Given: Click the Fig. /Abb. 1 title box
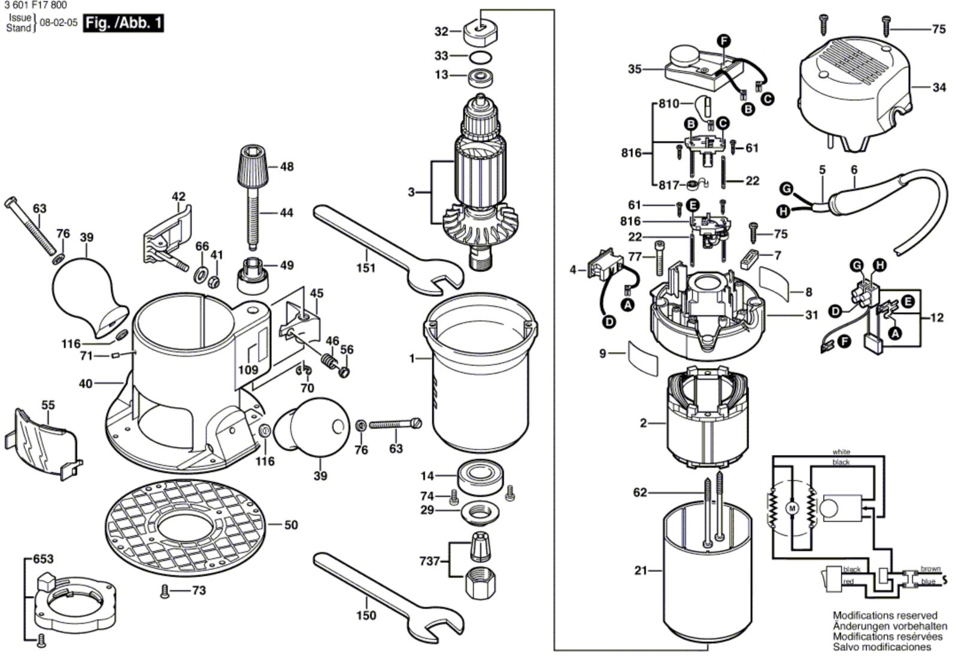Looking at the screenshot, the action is tap(123, 23).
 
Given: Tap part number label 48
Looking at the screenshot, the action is tap(287, 166).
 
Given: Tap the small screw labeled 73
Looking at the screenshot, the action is tap(165, 592).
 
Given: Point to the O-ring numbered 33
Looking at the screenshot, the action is tap(480, 57).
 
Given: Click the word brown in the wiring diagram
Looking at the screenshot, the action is tap(930, 569).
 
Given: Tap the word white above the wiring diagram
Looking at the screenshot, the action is tap(841, 452).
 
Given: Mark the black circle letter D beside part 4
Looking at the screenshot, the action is tap(609, 322).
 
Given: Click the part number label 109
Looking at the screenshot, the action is tap(248, 370).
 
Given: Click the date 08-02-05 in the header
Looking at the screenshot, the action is tap(59, 22).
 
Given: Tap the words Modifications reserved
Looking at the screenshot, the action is tap(884, 615).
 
